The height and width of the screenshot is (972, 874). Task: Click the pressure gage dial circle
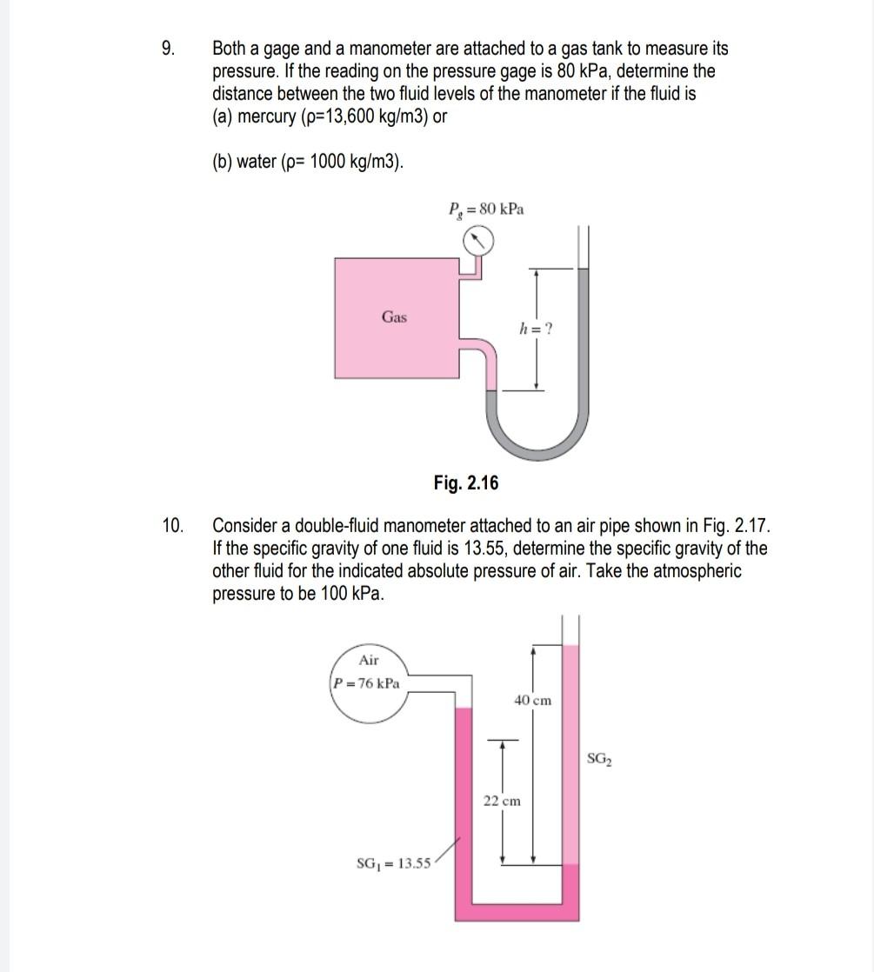477,240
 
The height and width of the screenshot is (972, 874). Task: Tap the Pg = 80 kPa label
486,210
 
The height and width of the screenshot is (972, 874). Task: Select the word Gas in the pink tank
394,317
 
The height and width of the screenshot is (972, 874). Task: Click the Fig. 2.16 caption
466,483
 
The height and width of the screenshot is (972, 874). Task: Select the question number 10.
172,526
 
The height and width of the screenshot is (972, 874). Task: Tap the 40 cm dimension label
532,700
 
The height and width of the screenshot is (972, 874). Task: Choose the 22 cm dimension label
502,801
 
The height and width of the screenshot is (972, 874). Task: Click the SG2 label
599,759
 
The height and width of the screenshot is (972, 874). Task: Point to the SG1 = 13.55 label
393,863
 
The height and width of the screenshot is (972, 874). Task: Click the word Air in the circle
369,660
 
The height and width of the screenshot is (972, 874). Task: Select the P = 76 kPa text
366,682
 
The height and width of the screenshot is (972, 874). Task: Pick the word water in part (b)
257,162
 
